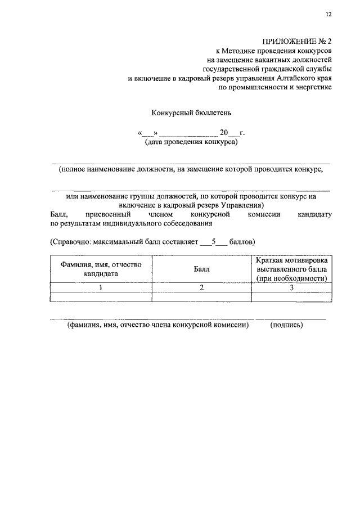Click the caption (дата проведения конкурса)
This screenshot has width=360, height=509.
(191, 142)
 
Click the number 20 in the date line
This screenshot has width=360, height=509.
(223, 133)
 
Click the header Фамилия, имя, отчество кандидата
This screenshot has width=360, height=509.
(101, 269)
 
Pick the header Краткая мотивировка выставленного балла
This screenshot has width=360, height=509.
(291, 269)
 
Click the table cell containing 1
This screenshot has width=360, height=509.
(101, 287)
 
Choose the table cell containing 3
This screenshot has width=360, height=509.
(291, 287)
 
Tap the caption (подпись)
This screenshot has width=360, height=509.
(286, 325)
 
